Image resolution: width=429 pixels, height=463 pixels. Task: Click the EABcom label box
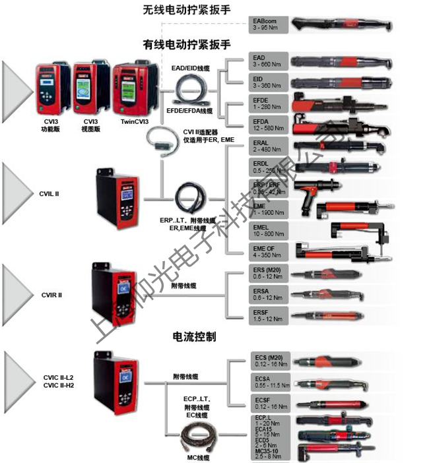coord(269,24)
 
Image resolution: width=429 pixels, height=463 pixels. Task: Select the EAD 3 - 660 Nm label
coord(269,61)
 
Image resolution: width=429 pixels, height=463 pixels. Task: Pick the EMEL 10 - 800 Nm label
coord(269,230)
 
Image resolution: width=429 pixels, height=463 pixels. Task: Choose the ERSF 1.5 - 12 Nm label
coord(269,314)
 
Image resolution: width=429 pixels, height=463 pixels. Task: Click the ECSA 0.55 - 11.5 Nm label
coord(269,382)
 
